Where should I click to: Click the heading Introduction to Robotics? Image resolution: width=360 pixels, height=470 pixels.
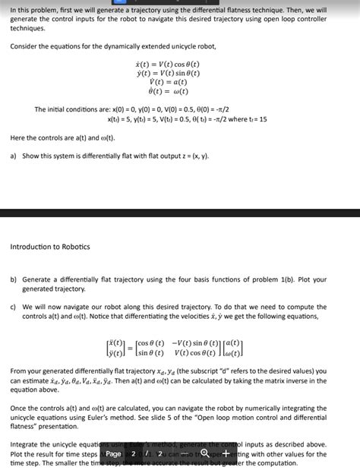point(50,247)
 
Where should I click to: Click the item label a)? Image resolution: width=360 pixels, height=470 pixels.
point(14,156)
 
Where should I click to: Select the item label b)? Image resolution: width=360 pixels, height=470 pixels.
point(14,279)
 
